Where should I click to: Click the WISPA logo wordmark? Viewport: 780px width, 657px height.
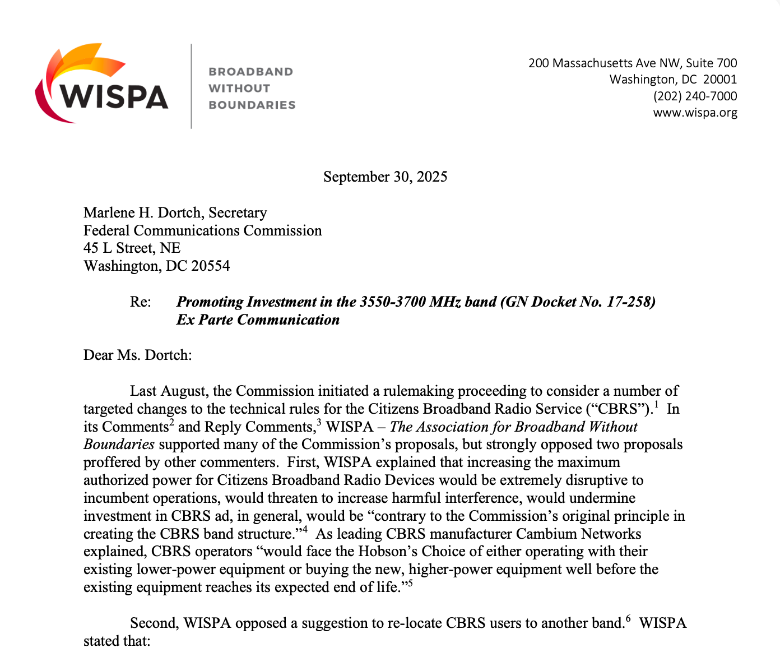[114, 96]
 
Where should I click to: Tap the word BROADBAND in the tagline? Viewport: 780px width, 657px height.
[250, 72]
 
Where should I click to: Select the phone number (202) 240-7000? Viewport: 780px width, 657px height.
[695, 96]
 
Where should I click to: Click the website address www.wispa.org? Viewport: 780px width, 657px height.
[695, 113]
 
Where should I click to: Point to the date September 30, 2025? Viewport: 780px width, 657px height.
[385, 177]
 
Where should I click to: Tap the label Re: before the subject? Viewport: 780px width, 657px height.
[140, 302]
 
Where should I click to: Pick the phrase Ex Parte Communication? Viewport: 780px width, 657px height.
[258, 320]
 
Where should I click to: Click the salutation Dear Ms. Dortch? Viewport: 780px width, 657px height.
[137, 355]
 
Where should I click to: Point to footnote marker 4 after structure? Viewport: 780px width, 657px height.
[305, 528]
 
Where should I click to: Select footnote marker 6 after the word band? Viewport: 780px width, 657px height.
[628, 618]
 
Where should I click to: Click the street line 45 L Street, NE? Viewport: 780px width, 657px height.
[132, 248]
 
